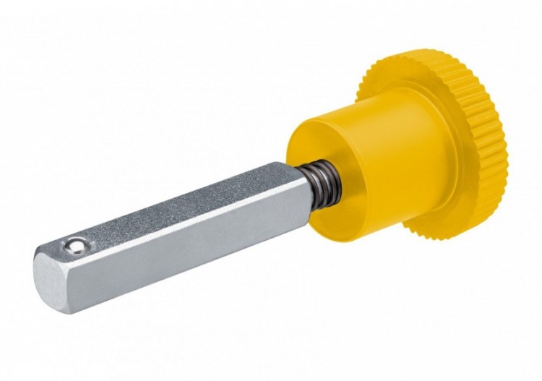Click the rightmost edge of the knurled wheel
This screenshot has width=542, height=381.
click(505, 145)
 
